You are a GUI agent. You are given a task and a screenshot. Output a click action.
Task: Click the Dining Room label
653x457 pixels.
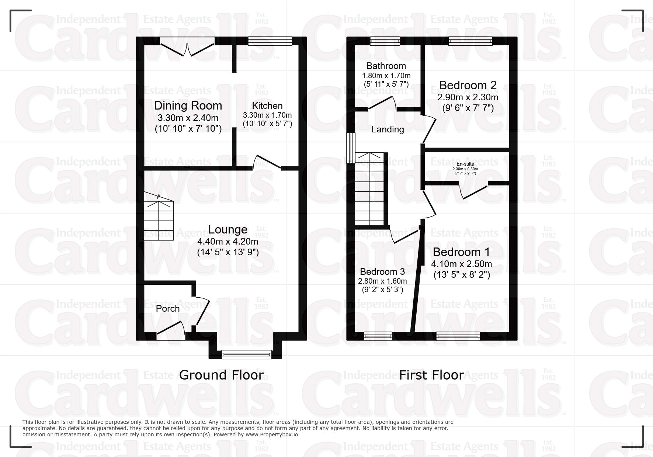[x=188, y=106]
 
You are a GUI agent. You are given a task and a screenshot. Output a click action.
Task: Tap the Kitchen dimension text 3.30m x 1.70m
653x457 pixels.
[x=267, y=115]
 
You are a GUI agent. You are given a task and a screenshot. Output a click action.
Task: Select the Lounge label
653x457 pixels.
[x=228, y=229]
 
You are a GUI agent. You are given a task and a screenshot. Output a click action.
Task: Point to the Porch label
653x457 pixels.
[x=168, y=309]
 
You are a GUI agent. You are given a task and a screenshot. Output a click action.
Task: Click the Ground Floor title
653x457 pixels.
[x=221, y=375]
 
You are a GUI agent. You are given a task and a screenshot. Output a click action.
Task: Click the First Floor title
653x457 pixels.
[x=431, y=375]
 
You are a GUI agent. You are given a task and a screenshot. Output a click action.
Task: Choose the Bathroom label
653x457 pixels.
[x=386, y=66]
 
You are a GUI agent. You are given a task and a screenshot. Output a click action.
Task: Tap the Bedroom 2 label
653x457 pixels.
[x=468, y=85]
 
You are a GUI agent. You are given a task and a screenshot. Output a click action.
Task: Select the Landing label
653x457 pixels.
[x=388, y=129]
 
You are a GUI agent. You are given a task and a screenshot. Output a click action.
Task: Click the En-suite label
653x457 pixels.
[x=465, y=164]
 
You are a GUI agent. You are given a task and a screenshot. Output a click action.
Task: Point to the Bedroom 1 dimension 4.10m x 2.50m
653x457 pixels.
[x=462, y=264]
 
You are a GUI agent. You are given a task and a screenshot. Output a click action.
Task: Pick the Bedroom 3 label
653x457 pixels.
[x=382, y=272]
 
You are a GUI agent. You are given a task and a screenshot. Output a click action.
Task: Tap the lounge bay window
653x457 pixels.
[x=247, y=355]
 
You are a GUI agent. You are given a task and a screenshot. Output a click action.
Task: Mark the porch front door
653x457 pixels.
[x=171, y=331]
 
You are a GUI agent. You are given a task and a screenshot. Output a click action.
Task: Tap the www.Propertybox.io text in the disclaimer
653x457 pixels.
[x=272, y=435]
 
